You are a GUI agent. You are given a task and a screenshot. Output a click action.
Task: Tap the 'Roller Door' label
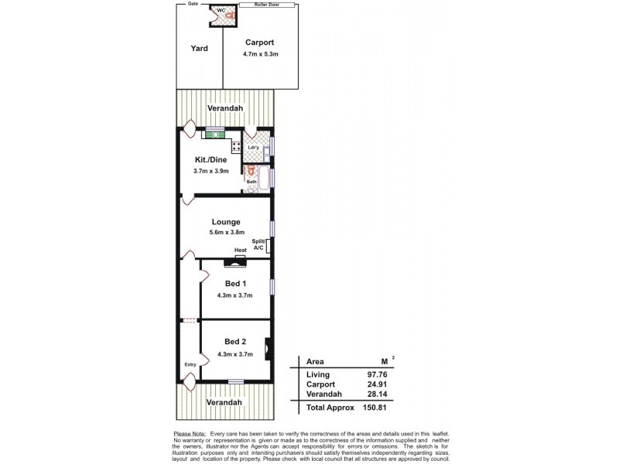coord(267,5)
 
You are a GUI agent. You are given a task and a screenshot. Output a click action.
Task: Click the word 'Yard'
coord(200,48)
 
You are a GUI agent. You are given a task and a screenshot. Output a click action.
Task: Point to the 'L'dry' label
coord(252,147)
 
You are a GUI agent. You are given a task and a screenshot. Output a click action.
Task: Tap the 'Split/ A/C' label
coord(258,245)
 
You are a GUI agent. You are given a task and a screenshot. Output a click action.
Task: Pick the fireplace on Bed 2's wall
coord(267,348)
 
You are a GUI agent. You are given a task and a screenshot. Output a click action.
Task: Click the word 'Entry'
coord(190,365)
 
